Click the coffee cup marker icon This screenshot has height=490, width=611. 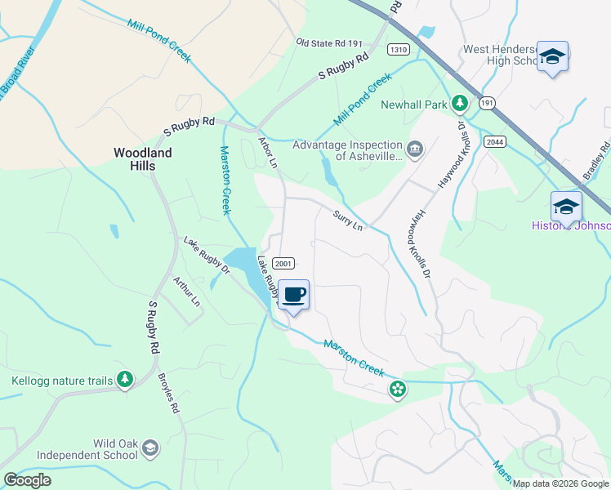coord(293,294)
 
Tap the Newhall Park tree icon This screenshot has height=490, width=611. coord(460,104)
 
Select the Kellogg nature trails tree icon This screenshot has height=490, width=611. coord(124,380)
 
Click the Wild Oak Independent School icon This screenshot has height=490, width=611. coord(150,448)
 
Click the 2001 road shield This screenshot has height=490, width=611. coord(283,263)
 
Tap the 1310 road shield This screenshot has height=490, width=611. coord(399,49)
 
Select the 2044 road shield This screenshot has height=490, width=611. coord(494,142)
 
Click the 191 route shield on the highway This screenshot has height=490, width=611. coord(487,103)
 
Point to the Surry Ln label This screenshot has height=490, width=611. coord(347,220)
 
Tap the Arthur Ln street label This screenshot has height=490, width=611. coord(186,291)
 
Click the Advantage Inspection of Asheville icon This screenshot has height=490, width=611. coord(415,148)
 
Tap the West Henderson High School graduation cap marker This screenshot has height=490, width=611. coord(552,56)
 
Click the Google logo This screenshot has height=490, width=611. coord(28,480)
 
